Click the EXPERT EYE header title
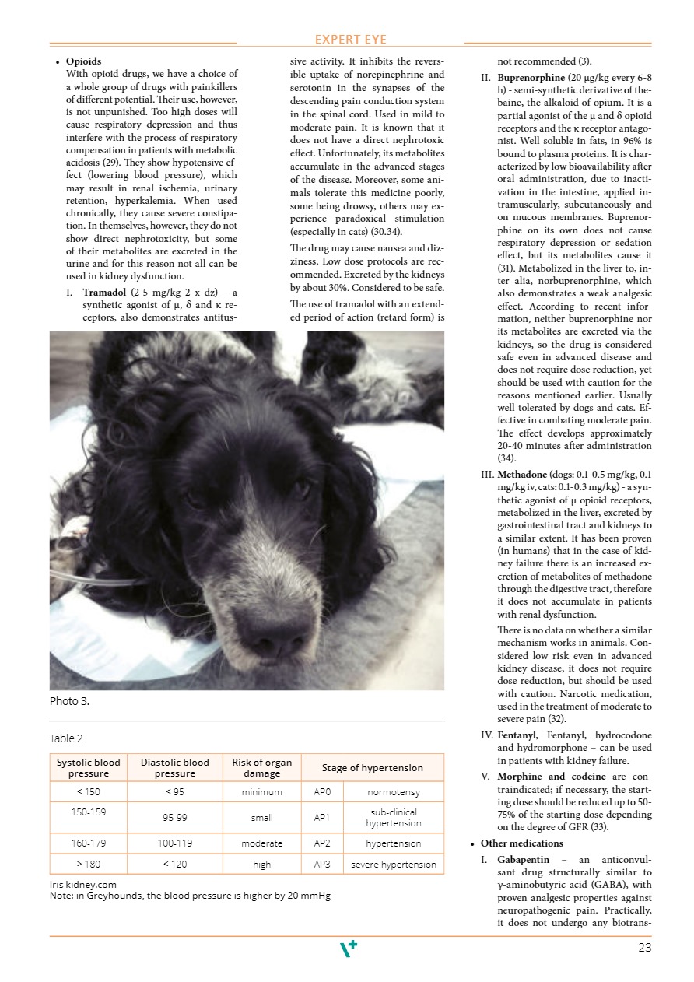[x=350, y=40]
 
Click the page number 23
[x=644, y=948]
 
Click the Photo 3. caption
[x=69, y=701]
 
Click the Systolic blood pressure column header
[x=89, y=768]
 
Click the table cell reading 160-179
[x=89, y=843]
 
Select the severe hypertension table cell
[x=393, y=865]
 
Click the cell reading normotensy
[x=393, y=792]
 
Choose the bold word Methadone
[x=522, y=475]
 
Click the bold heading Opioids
[x=83, y=61]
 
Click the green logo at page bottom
[x=349, y=949]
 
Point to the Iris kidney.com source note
[x=83, y=885]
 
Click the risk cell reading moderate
[x=261, y=843]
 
